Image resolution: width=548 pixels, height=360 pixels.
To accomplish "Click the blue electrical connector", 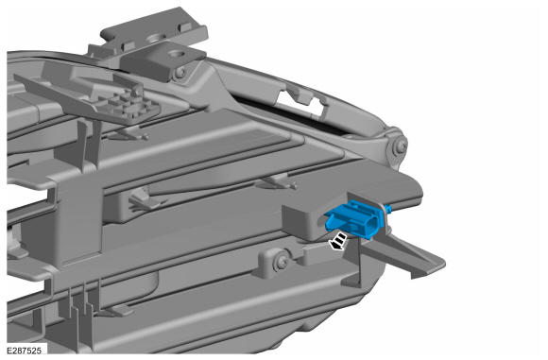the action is coord(353,219).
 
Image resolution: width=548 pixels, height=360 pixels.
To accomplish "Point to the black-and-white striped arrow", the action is coord(338,242).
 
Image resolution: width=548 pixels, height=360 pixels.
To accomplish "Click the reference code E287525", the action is coord(24,351).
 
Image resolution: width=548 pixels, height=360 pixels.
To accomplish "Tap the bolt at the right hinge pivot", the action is coord(399,146).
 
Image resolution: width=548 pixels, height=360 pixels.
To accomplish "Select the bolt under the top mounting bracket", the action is coord(180,73).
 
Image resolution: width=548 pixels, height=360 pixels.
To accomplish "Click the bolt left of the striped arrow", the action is coord(282,261).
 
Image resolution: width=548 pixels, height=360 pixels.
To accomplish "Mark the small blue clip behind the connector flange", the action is coord(389,209).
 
